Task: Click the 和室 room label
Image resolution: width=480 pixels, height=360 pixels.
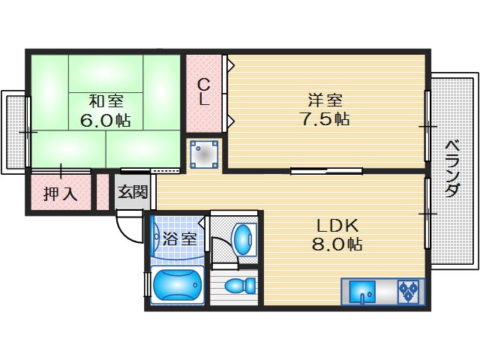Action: coord(106,100)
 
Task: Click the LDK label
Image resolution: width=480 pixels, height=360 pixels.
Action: coord(337,225)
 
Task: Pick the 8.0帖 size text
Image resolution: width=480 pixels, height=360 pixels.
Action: coord(337,244)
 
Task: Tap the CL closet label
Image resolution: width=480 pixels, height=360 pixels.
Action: coord(203,91)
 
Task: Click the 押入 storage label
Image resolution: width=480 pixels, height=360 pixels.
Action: coord(59,194)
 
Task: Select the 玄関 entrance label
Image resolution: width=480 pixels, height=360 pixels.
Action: coord(133,192)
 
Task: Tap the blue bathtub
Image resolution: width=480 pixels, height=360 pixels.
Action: coord(177,286)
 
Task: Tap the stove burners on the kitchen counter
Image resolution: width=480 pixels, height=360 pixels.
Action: coord(409,290)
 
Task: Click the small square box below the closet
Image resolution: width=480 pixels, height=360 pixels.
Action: coord(204,154)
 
